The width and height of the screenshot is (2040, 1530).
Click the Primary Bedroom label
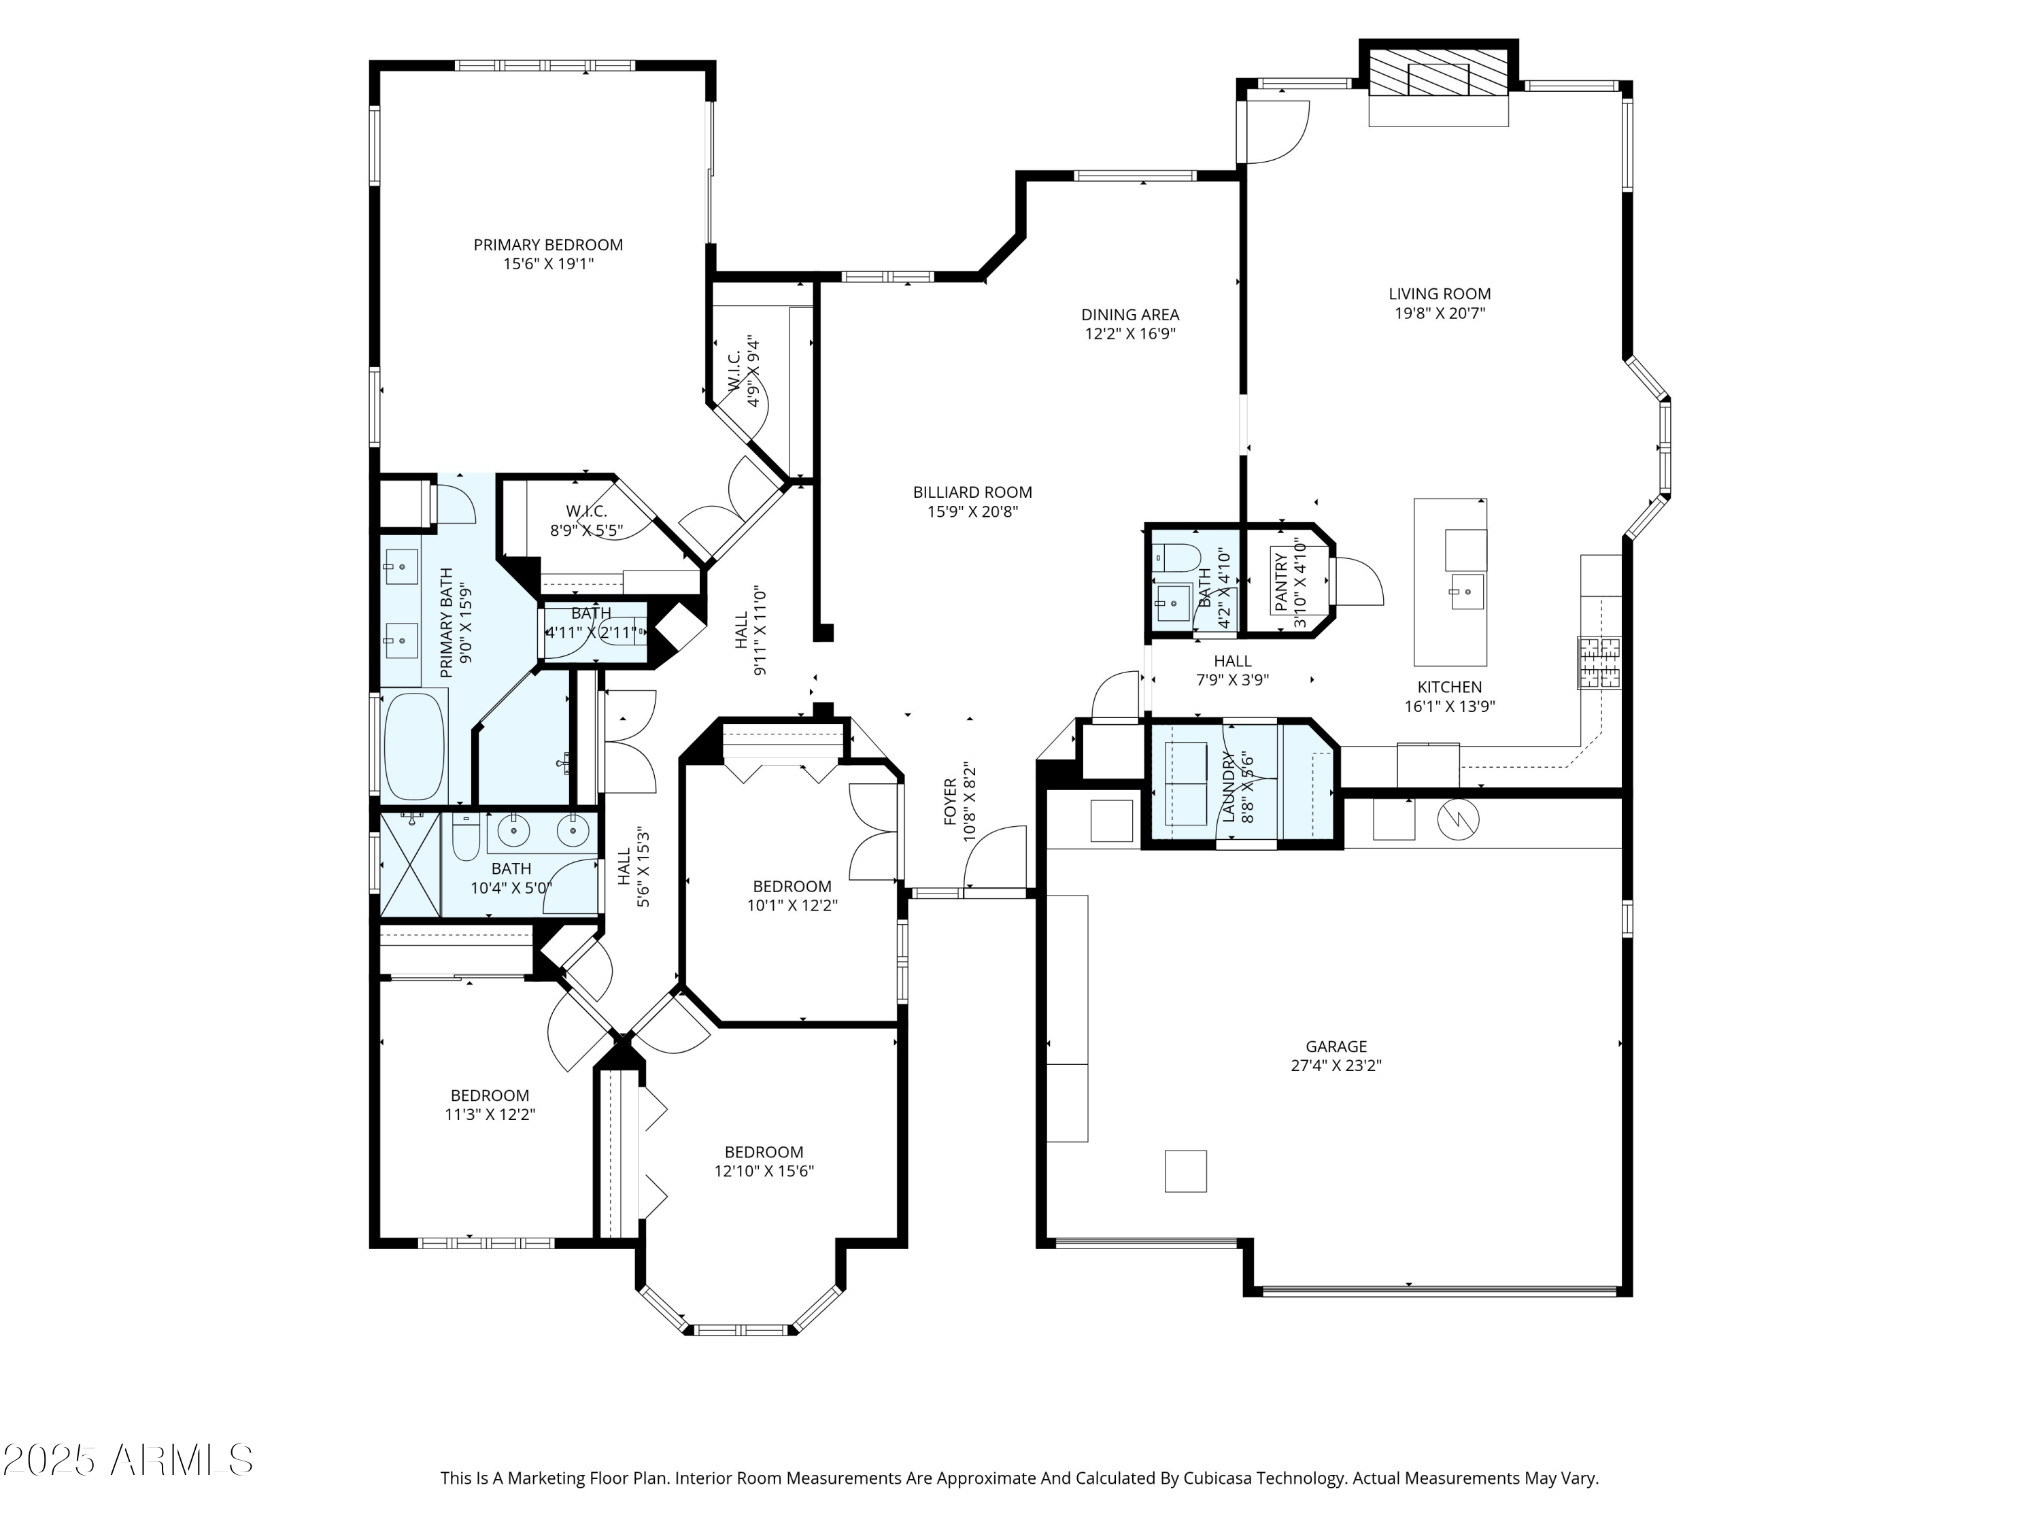tap(548, 244)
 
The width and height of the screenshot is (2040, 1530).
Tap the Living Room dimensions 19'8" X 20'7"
tap(1439, 313)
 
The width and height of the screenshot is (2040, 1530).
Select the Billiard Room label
tap(972, 492)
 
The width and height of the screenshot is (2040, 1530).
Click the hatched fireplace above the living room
tap(1439, 72)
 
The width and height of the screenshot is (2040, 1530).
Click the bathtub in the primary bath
tap(413, 746)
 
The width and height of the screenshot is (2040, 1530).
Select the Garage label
tap(1336, 1046)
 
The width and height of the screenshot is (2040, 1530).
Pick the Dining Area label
tap(1129, 314)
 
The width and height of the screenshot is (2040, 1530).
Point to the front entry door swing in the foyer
tap(996, 857)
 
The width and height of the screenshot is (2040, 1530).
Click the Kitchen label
tap(1449, 687)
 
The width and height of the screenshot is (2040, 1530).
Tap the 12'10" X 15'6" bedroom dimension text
tap(764, 1171)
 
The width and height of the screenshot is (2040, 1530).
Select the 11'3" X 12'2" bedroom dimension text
tap(490, 1114)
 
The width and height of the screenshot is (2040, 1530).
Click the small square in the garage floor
tap(1185, 1170)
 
